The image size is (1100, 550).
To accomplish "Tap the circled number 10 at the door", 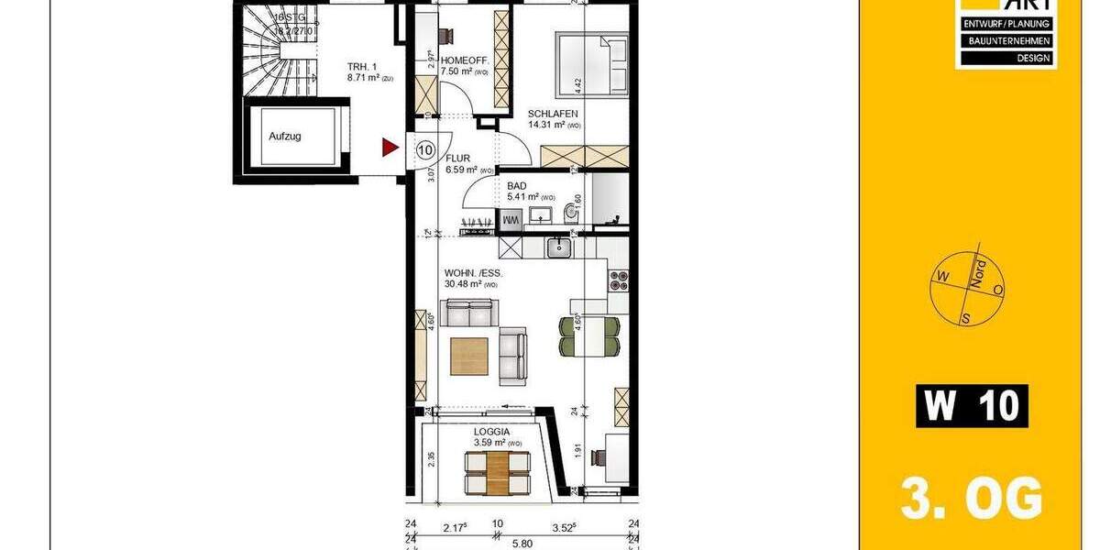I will pos(425,148).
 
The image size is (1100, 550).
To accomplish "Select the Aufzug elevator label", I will pos(285,137).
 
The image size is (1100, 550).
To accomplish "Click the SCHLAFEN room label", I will pos(552,115).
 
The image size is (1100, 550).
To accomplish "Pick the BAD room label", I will pos(517,184).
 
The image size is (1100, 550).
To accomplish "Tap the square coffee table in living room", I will pos(469,356).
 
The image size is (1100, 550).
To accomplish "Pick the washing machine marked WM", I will pos(509,220).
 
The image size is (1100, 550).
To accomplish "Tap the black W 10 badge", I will pos(972,405).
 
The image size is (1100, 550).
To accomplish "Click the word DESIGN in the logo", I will pos(1006,57).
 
